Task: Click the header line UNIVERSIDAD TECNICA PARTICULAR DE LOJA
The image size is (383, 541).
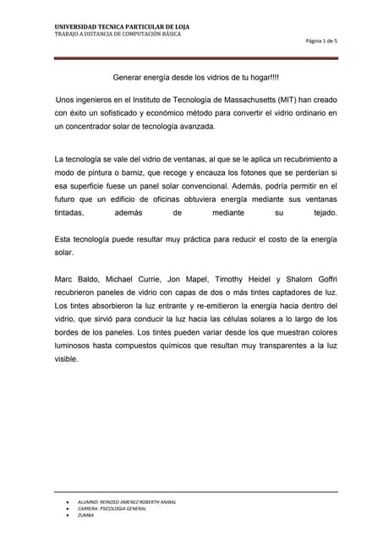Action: pos(122,27)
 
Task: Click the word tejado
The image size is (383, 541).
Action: pos(325,213)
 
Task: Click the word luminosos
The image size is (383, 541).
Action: pos(73,347)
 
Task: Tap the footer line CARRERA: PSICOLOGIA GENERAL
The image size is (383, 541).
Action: pos(112,508)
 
